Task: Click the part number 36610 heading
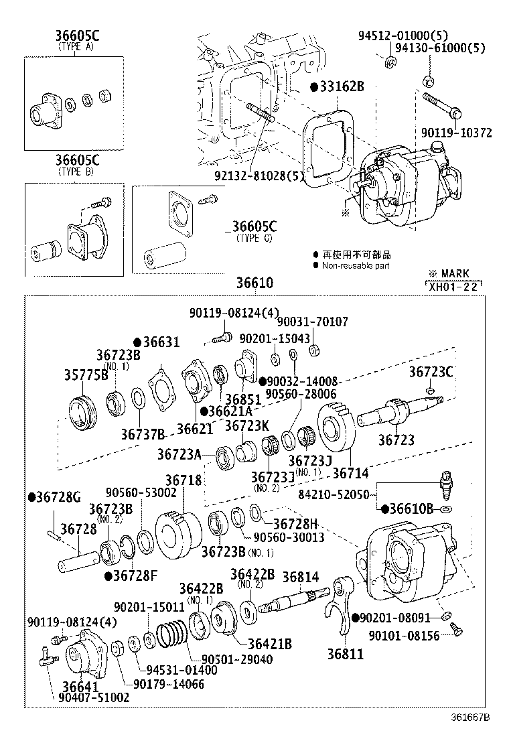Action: [x=254, y=283]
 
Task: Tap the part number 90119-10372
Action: [x=457, y=133]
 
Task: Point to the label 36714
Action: [x=350, y=473]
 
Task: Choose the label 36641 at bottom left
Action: [x=80, y=686]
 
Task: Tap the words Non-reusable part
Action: [x=356, y=265]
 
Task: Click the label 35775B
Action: [x=86, y=375]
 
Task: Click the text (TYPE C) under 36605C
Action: [x=254, y=238]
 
